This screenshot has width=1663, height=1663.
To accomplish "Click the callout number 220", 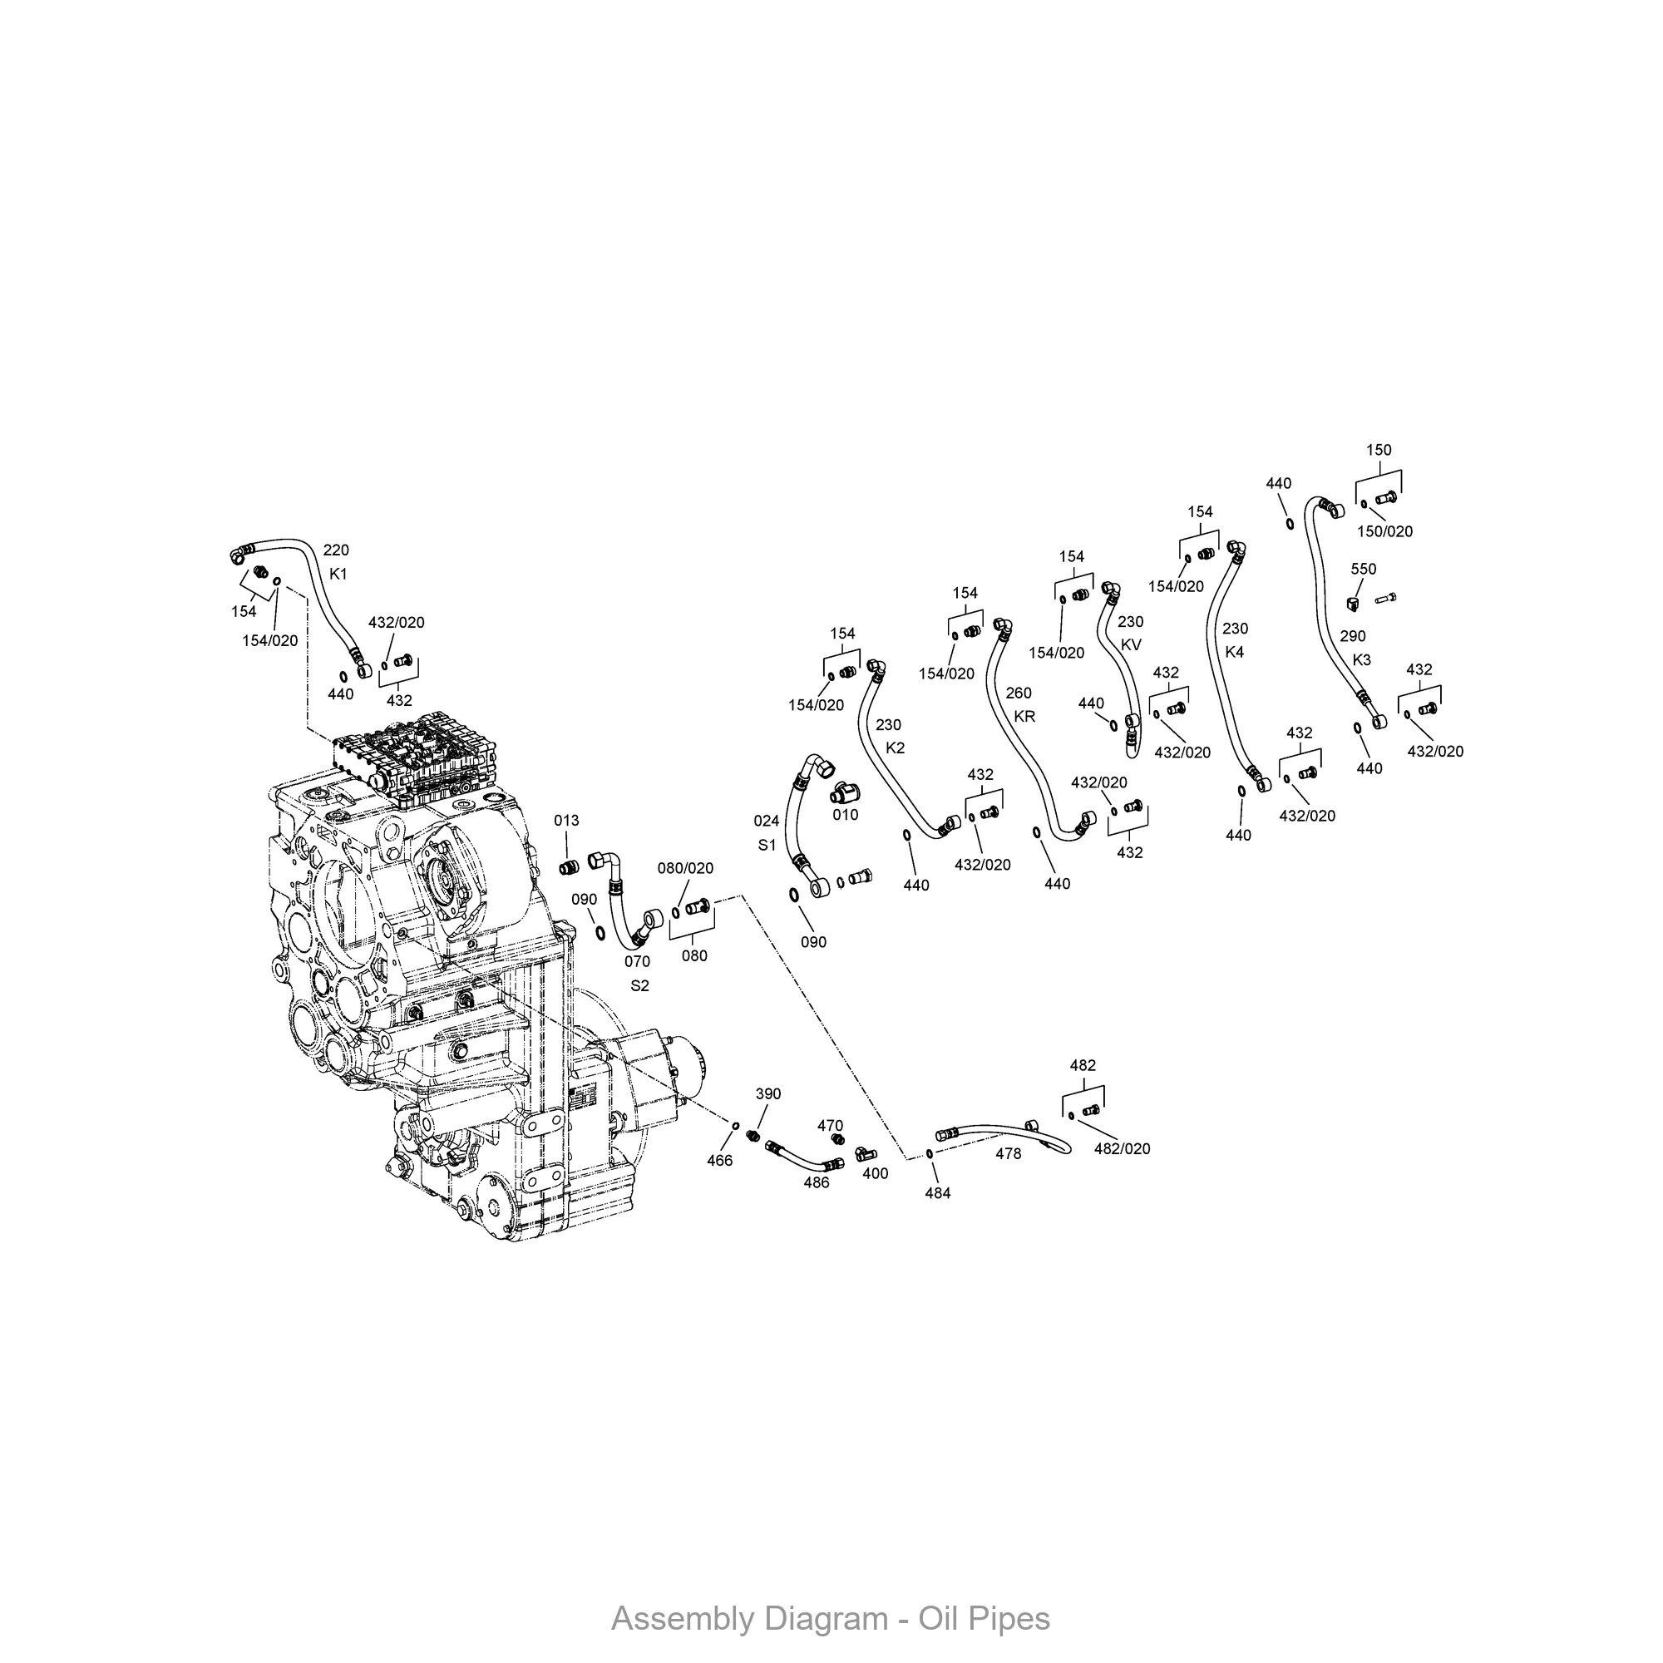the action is tap(336, 550).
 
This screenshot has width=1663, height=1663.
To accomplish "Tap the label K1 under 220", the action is tap(338, 574).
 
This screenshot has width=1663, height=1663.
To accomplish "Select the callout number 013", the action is tap(566, 821).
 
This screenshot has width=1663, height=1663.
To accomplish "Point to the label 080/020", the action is tap(686, 869).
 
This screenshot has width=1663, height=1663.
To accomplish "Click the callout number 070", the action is tap(637, 961).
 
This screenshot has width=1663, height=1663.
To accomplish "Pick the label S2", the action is tap(639, 985).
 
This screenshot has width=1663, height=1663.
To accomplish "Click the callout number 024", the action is tap(766, 822).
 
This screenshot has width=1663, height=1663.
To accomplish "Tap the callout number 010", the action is tap(846, 814).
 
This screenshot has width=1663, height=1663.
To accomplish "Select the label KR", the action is tap(1024, 716).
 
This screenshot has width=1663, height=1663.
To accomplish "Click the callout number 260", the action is tap(1019, 693).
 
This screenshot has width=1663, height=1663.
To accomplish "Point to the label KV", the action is tap(1131, 644).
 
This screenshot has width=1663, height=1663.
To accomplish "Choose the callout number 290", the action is tap(1352, 636).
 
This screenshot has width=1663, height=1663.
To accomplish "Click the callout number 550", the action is tap(1364, 569).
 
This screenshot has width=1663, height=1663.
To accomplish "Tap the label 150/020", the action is tap(1385, 531).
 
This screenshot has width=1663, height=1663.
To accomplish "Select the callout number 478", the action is tap(1008, 1153).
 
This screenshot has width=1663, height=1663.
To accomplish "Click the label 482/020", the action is tap(1123, 1148).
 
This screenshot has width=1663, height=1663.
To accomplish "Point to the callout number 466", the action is tap(719, 1160).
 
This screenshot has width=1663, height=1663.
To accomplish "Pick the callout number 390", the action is tap(767, 1094).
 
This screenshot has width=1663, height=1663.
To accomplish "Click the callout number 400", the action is tap(876, 1173).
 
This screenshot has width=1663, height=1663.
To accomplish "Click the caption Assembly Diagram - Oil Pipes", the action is tap(831, 1618).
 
